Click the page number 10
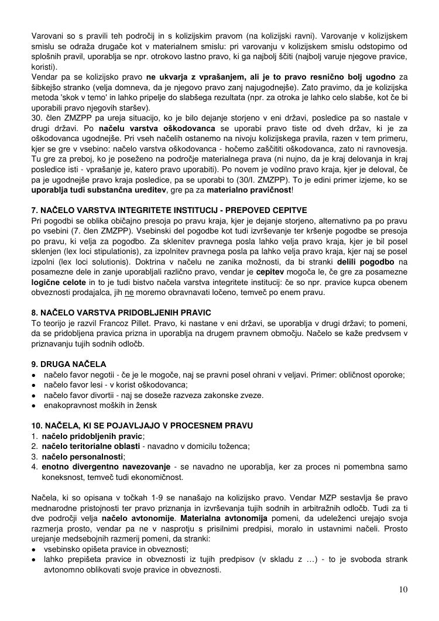(403, 589)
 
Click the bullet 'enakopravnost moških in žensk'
(100, 405)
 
